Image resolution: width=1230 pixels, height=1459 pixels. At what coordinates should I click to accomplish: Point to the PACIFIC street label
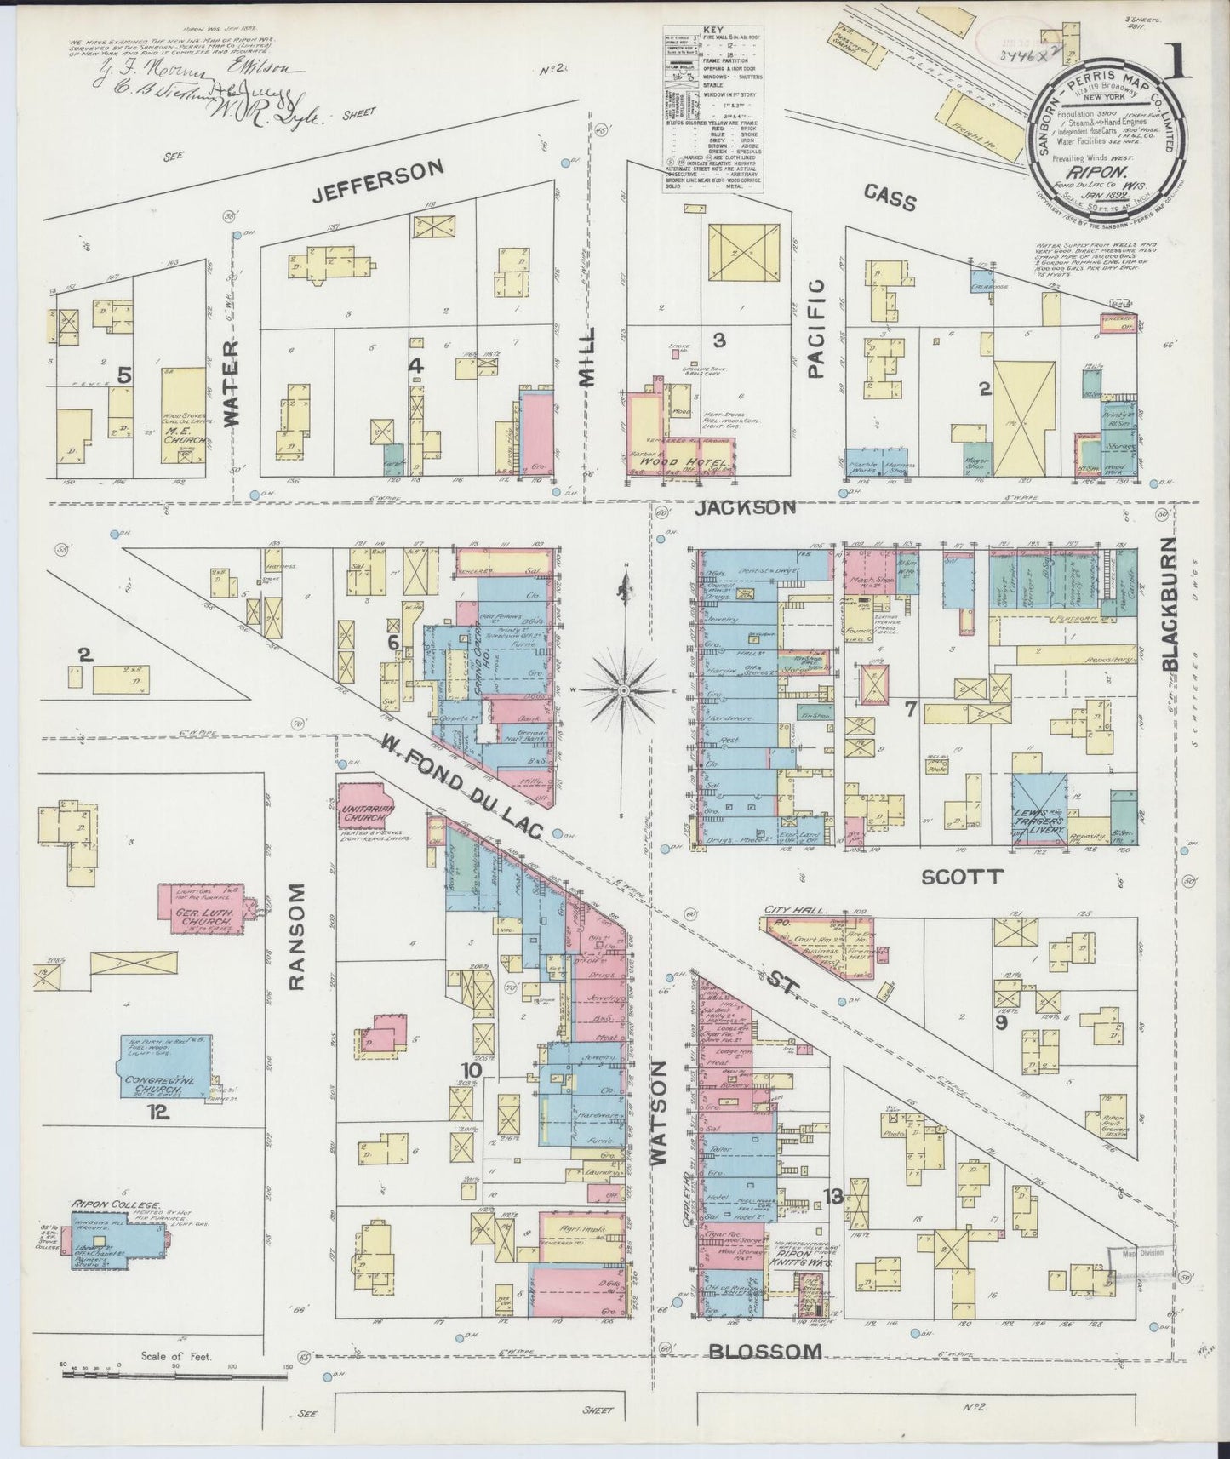[x=816, y=328]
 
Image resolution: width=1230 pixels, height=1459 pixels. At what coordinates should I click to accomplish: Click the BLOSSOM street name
[x=766, y=1351]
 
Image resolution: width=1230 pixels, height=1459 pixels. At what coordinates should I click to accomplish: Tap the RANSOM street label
[x=296, y=936]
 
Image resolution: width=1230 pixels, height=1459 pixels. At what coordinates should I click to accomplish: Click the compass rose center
[x=625, y=688]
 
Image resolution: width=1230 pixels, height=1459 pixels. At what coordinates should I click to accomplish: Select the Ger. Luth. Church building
[x=207, y=915]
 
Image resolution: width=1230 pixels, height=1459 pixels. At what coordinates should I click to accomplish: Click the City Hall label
[x=795, y=910]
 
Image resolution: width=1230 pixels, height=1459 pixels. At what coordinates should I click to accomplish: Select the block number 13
[x=832, y=1197]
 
